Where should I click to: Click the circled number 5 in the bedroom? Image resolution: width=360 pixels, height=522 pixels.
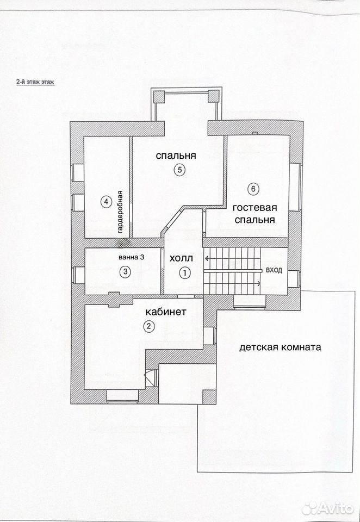pos(179,170)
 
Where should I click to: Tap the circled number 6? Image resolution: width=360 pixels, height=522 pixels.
pos(253,189)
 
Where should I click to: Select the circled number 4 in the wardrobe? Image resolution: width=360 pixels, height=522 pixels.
pos(106,202)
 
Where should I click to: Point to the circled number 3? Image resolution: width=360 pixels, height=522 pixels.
pos(125,272)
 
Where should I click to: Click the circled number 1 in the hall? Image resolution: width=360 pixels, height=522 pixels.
pos(184,274)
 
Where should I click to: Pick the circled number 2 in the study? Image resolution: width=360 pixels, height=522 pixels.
pos(148,326)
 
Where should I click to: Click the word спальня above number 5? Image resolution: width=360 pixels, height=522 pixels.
pos(176,156)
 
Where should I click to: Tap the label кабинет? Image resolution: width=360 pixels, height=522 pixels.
pos(165,312)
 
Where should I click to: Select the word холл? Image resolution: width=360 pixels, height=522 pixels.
pos(181,258)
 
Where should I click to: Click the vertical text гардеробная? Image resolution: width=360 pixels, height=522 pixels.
pos(121,213)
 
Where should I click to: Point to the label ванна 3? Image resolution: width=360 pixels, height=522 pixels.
pos(131,257)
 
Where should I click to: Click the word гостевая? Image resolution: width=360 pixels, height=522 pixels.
pos(255,208)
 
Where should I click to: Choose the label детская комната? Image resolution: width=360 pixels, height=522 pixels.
pos(280,347)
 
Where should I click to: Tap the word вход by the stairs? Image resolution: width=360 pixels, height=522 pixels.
pos(274,270)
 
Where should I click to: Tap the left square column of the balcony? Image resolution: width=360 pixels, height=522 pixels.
pos(159,97)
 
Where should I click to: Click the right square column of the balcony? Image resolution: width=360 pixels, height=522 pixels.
pos(214,96)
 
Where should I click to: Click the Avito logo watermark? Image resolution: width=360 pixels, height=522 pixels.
pos(328,508)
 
